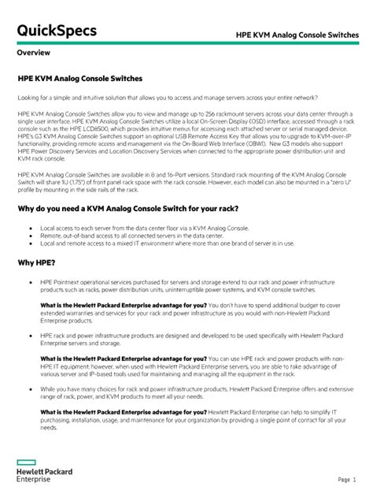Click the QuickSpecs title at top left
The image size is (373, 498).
(57, 31)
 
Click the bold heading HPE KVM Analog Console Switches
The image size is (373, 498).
(79, 79)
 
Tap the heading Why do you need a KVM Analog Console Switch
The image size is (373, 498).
(128, 209)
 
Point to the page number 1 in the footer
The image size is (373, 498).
(354, 479)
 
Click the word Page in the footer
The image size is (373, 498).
(343, 479)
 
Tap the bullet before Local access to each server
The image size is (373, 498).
(29, 227)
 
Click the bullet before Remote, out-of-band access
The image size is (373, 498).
(29, 235)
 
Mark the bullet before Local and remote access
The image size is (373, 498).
(29, 243)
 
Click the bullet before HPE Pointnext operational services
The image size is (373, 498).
(29, 281)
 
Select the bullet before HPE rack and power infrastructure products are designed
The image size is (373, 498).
(29, 336)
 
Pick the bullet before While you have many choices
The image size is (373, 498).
(29, 389)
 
